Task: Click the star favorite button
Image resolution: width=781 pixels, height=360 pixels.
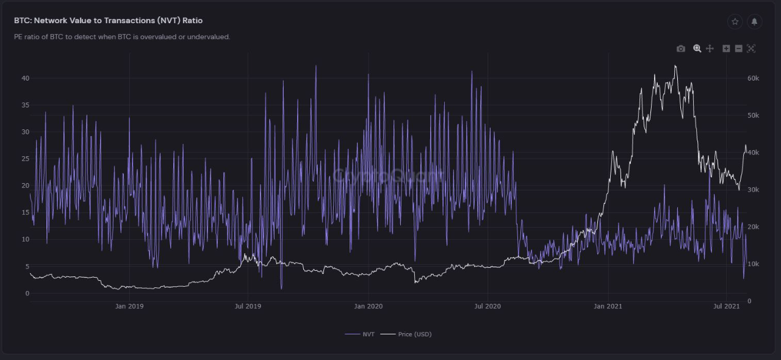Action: pyautogui.click(x=735, y=22)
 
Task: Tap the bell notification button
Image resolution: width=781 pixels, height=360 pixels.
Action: pyautogui.click(x=754, y=22)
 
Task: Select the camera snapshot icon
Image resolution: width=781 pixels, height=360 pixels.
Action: pyautogui.click(x=681, y=49)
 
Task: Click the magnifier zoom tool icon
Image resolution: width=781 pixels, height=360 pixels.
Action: pyautogui.click(x=697, y=49)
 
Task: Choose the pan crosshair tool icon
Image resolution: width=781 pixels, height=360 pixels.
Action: pyautogui.click(x=710, y=49)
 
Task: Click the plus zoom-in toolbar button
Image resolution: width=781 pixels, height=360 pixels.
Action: pyautogui.click(x=726, y=49)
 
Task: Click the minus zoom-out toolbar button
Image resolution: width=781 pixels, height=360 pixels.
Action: pyautogui.click(x=738, y=49)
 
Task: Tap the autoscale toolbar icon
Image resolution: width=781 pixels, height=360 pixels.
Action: pyautogui.click(x=751, y=49)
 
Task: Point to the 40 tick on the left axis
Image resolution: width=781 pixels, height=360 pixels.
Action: pyautogui.click(x=25, y=78)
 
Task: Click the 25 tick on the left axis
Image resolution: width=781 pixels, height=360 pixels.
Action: pyautogui.click(x=25, y=159)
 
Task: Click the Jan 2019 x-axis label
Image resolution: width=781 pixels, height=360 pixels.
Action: pyautogui.click(x=129, y=306)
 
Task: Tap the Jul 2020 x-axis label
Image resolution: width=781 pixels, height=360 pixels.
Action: pyautogui.click(x=488, y=306)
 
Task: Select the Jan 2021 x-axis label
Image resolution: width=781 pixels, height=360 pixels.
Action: pyautogui.click(x=608, y=306)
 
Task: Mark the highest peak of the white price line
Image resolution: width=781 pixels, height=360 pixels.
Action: pyautogui.click(x=675, y=66)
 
